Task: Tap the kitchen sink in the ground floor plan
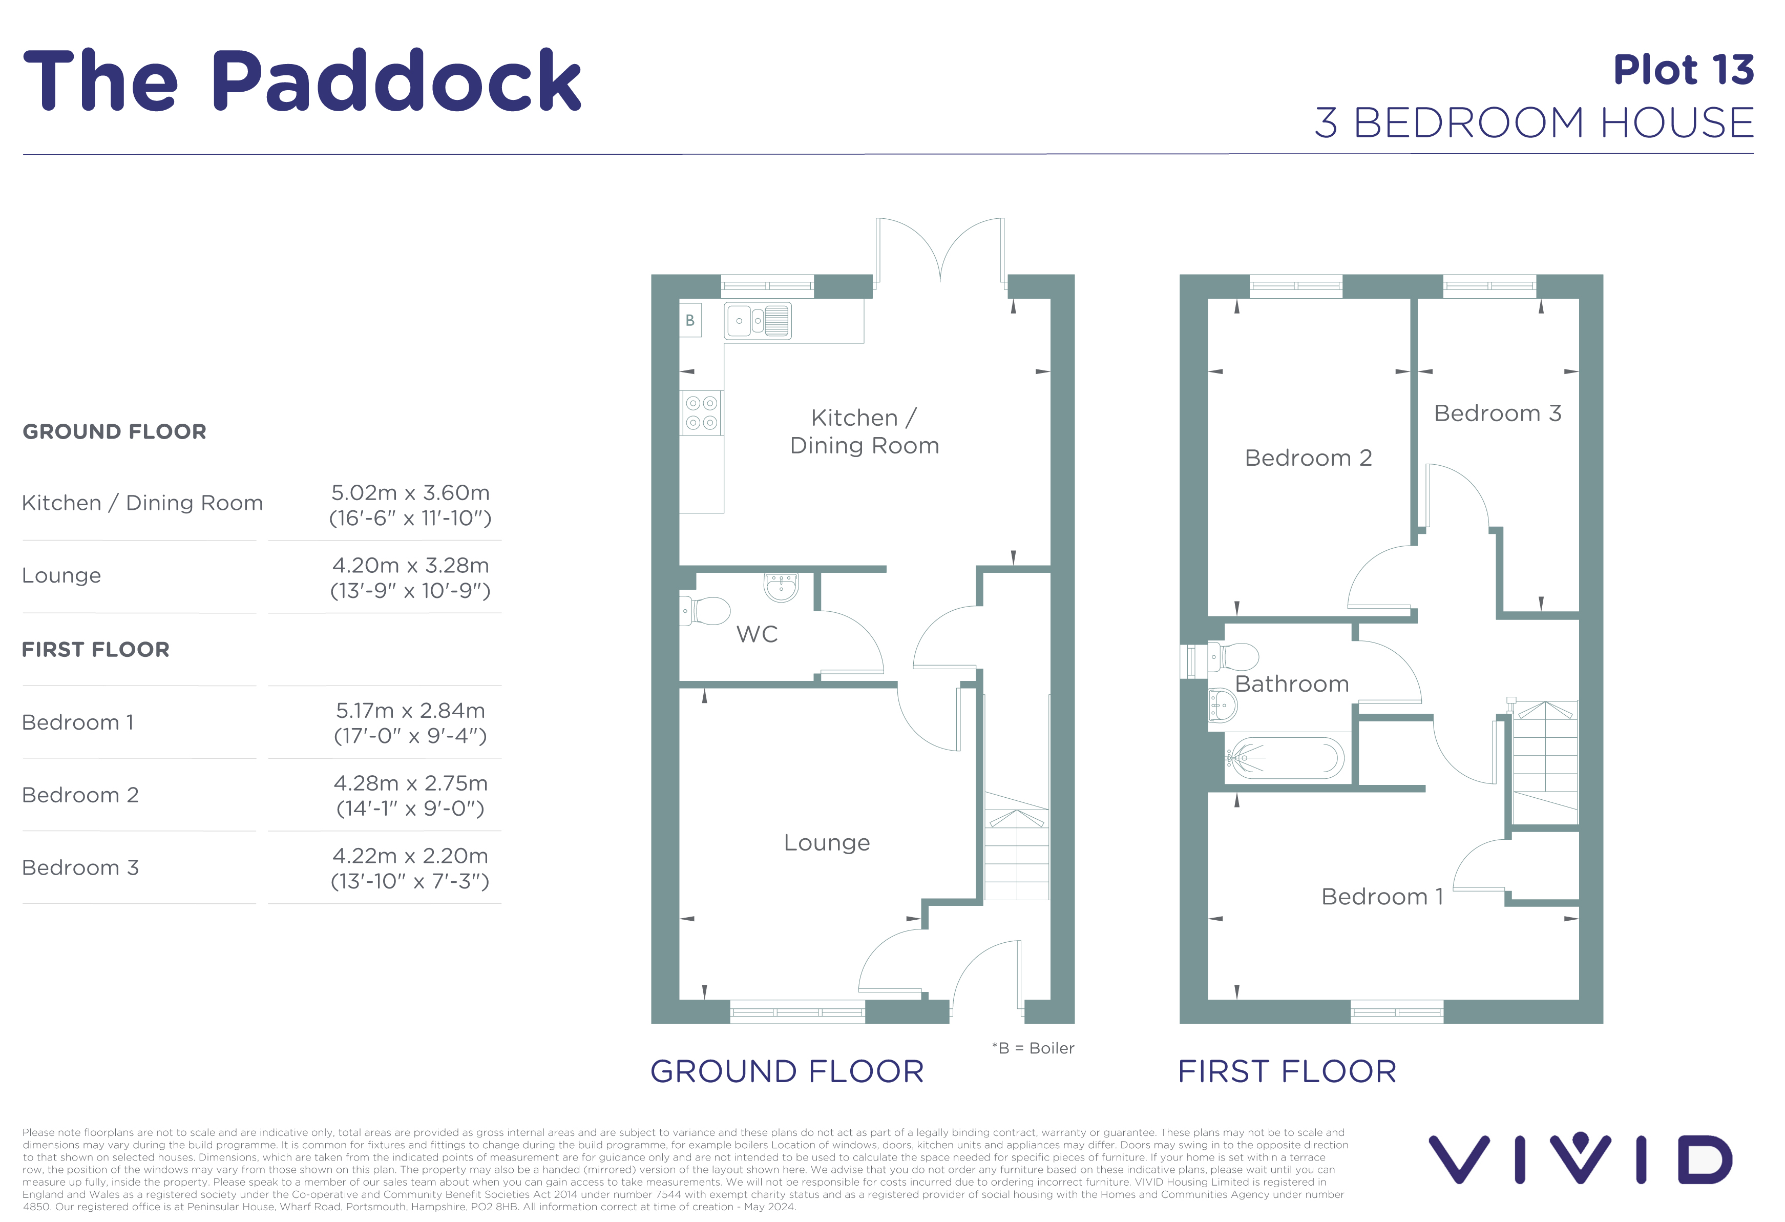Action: point(758,321)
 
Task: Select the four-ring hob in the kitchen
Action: point(701,413)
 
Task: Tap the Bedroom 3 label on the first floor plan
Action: point(1498,413)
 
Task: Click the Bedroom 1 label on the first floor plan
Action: point(1382,896)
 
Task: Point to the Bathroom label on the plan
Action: point(1292,684)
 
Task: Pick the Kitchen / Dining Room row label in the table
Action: point(142,503)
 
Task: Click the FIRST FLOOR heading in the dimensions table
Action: point(95,650)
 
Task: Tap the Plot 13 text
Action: point(1684,70)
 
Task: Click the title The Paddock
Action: point(302,80)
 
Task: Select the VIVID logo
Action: point(1580,1159)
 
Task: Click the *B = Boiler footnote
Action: point(1033,1048)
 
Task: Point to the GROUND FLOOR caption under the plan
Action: point(787,1071)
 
